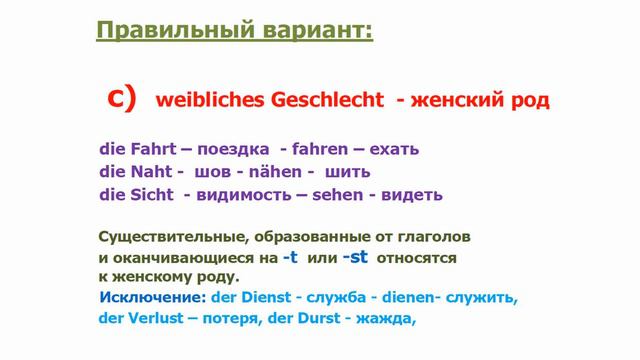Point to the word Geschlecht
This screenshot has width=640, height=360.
click(x=324, y=101)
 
